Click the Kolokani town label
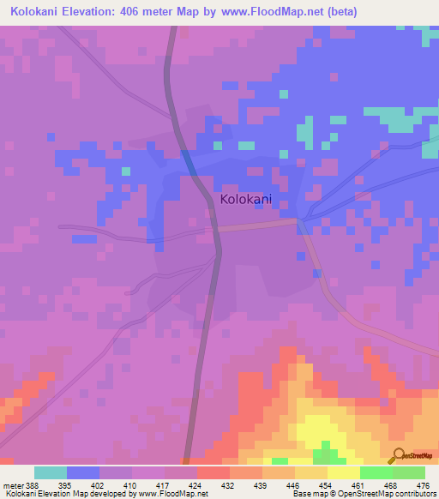[x=246, y=199]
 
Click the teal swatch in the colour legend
[x=51, y=472]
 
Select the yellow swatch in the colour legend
[x=343, y=472]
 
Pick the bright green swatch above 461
[x=376, y=472]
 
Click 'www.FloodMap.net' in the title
[x=264, y=12]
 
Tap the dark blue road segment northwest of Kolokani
[x=189, y=160]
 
